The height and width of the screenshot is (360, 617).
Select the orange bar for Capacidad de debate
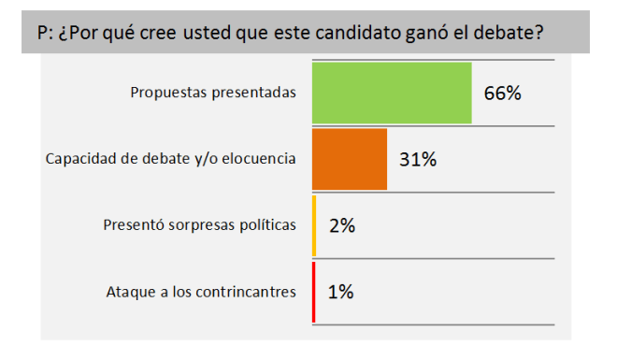pos(349,159)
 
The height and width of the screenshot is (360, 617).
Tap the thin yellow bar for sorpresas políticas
pos(314,225)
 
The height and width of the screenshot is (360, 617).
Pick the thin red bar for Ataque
pos(313,292)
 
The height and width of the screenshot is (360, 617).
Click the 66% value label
pos(502,94)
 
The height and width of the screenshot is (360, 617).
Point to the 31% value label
pos(418,159)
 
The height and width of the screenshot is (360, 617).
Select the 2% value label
pos(341,225)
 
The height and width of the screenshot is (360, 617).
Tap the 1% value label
pos(340,292)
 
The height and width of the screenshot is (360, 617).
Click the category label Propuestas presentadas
pos(213,93)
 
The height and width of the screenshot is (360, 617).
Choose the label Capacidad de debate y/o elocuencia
pos(171,159)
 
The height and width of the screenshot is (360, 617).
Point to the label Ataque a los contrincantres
pos(201,292)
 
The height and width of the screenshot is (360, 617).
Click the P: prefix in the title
pos(43,34)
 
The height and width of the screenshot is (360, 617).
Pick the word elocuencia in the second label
pos(261,159)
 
